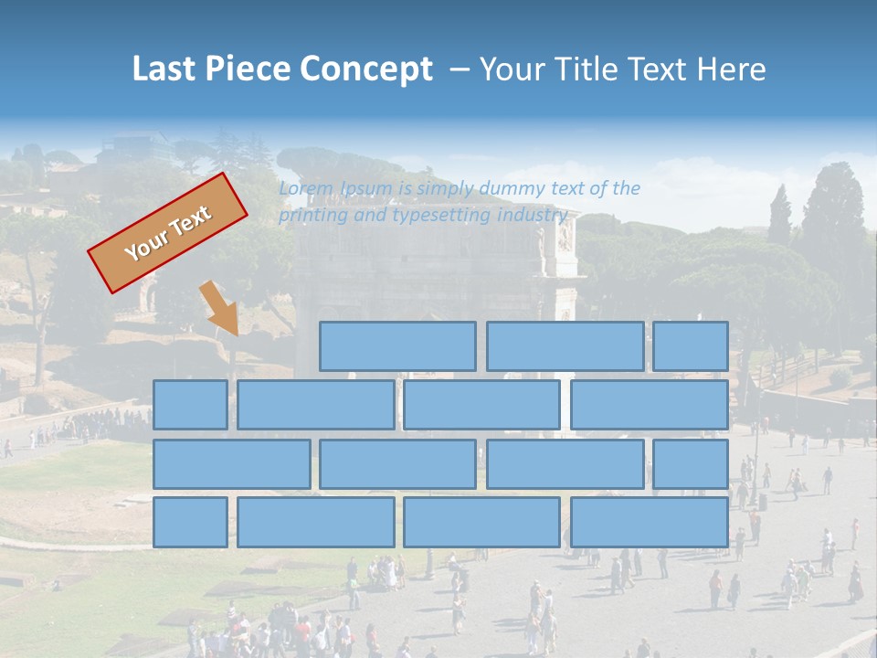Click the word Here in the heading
pos(731,69)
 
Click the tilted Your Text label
pos(168,232)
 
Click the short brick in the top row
pos(691,346)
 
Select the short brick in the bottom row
pos(190,522)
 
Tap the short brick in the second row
pos(190,405)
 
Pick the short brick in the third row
pos(691,463)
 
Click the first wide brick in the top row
pos(397,346)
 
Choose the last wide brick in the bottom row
pos(650,522)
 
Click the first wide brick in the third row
pos(231,463)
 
